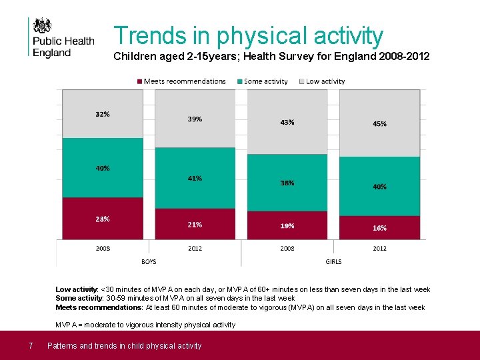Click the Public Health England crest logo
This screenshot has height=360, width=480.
pyautogui.click(x=43, y=26)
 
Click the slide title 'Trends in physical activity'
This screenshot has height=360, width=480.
pyautogui.click(x=248, y=35)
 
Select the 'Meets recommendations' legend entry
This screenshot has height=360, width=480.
pyautogui.click(x=181, y=81)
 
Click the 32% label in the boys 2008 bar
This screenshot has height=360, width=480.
pyautogui.click(x=102, y=114)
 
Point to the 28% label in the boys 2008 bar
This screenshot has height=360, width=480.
pyautogui.click(x=102, y=219)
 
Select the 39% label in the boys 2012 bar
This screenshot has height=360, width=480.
pyautogui.click(x=195, y=119)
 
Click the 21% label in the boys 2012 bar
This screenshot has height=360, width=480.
pyautogui.click(x=195, y=225)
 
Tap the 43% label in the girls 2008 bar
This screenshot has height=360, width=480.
pyautogui.click(x=287, y=123)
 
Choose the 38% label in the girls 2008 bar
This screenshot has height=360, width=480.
pyautogui.click(x=287, y=183)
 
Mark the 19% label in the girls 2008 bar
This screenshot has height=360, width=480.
pyautogui.click(x=287, y=226)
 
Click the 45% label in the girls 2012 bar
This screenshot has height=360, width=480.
pyautogui.click(x=379, y=124)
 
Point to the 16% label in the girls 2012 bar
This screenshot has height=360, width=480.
pyautogui.click(x=379, y=228)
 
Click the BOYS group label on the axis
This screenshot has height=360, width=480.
pyautogui.click(x=149, y=261)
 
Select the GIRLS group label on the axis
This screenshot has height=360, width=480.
pyautogui.click(x=333, y=261)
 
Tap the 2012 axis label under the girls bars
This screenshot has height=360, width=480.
pyautogui.click(x=379, y=249)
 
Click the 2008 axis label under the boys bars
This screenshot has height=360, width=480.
pyautogui.click(x=102, y=249)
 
